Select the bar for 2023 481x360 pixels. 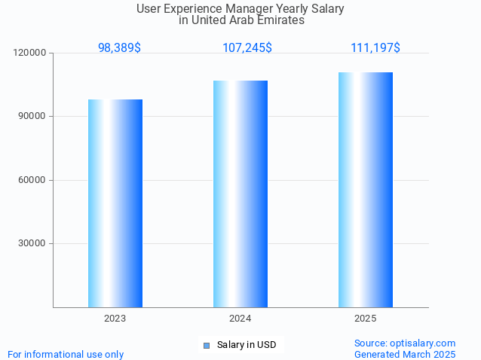point(115,203)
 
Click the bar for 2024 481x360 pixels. point(240,194)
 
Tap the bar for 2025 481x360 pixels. point(366,190)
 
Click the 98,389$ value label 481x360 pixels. point(119,47)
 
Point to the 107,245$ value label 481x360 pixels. point(247,47)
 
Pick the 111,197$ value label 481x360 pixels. point(375,47)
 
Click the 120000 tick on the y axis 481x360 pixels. point(29,53)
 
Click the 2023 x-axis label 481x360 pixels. point(115,319)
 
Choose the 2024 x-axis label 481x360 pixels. point(240,319)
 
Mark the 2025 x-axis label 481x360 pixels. point(366,319)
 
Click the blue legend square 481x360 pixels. point(207,345)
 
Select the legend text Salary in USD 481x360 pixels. point(247,345)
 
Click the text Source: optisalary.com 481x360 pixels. point(405,343)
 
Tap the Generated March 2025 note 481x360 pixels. point(405,354)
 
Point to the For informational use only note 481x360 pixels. point(66,354)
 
